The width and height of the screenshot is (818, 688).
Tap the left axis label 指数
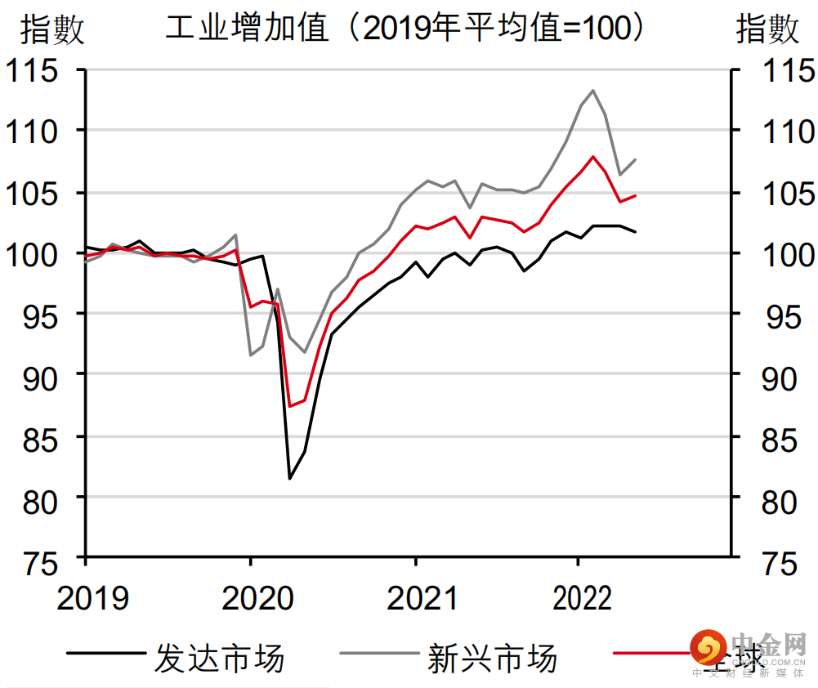click(x=51, y=30)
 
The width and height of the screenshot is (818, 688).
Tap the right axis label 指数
click(x=767, y=30)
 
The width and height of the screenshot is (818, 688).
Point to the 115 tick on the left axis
click(x=33, y=70)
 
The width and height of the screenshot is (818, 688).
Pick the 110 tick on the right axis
click(x=785, y=132)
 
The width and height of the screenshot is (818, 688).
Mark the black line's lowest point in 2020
click(x=290, y=478)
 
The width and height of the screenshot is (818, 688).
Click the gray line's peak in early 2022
click(x=592, y=91)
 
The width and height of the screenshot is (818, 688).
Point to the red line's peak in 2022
click(x=592, y=156)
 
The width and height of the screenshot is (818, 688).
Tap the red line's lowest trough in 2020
click(x=290, y=406)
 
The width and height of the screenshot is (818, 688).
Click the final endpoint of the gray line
click(x=636, y=159)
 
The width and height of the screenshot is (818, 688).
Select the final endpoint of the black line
click(x=636, y=232)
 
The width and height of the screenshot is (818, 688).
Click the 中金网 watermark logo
click(x=748, y=651)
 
